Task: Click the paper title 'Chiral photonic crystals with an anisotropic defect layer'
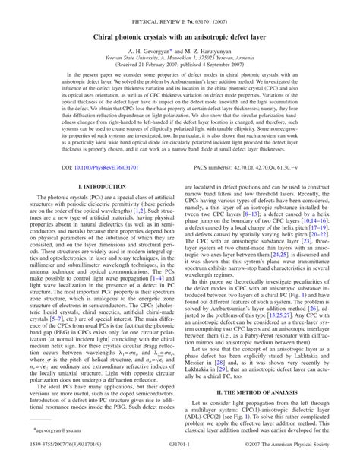pos(180,36)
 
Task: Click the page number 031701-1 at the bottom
pos(180,458)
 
